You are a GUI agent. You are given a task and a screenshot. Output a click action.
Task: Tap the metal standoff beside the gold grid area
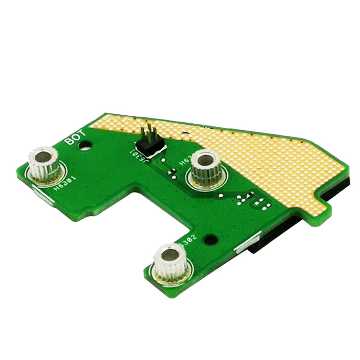tap(205, 170)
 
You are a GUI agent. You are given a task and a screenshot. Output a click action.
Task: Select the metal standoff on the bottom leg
tap(169, 263)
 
